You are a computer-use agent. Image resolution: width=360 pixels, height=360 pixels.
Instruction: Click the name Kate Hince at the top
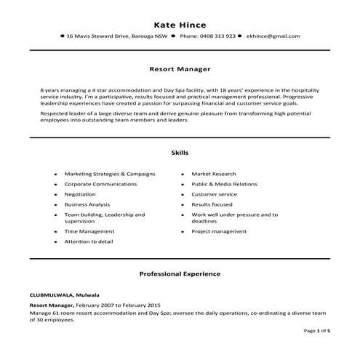point(179,23)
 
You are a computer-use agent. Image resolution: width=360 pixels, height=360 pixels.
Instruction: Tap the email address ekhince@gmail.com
point(273,36)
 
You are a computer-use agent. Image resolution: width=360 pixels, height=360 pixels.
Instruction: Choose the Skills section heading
point(179,153)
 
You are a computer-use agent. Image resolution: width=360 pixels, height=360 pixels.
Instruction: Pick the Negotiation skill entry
point(80,195)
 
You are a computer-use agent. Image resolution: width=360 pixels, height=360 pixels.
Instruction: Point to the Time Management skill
point(89,231)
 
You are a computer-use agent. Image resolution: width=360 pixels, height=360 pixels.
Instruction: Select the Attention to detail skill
point(89,241)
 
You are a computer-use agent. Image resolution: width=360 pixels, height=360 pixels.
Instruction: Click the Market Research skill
point(214,175)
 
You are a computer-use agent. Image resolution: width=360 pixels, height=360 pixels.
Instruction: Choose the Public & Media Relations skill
point(224,185)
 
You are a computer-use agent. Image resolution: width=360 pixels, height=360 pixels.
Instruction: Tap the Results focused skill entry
point(212,205)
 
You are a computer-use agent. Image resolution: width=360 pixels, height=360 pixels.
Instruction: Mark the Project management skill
point(219,231)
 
